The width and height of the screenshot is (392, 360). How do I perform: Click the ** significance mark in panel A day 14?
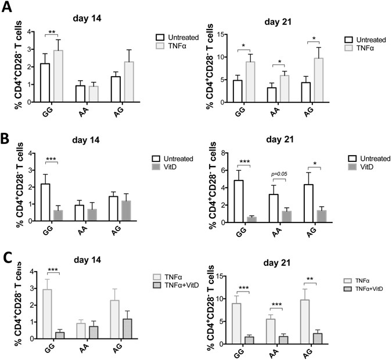[x=52, y=33]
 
